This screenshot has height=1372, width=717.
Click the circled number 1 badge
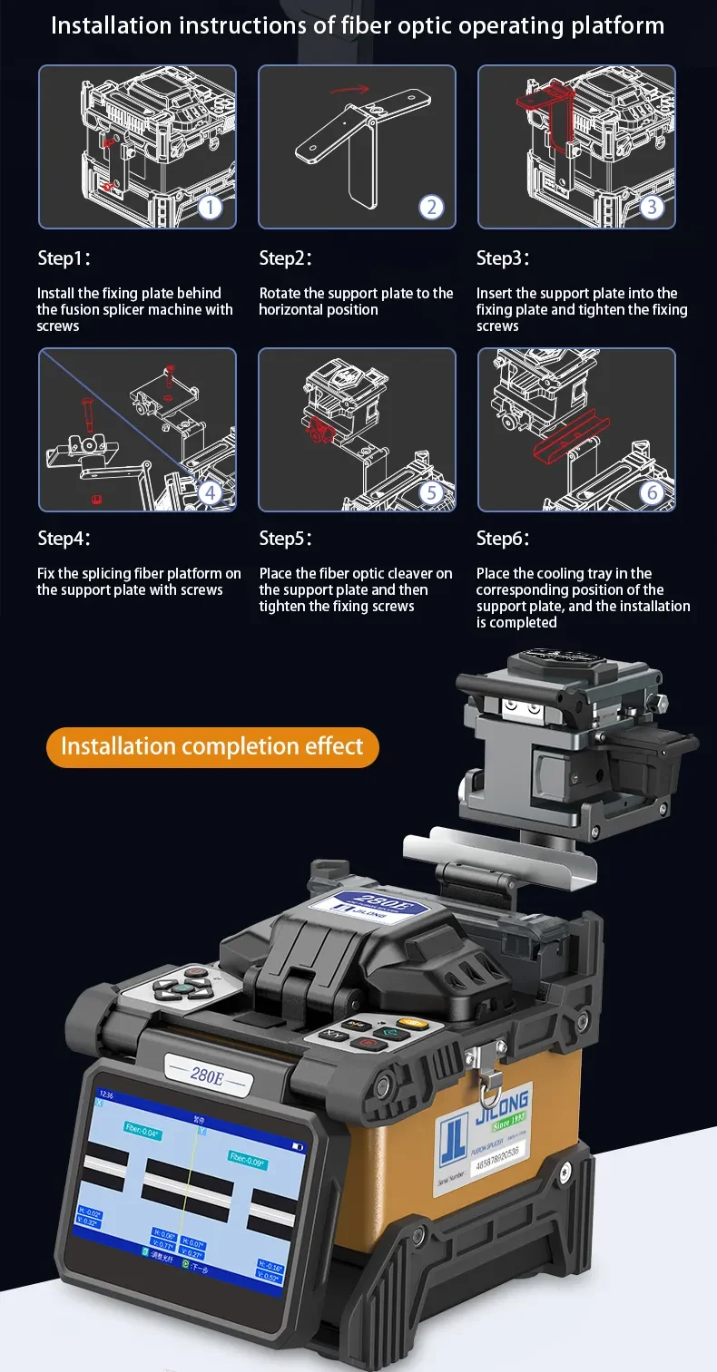[x=210, y=208]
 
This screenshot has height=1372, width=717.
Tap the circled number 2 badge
[x=431, y=208]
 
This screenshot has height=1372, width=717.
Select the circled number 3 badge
[x=652, y=208]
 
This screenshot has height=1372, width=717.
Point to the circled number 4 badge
[x=210, y=492]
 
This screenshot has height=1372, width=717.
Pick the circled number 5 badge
[x=431, y=492]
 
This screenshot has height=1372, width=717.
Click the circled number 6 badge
[x=652, y=492]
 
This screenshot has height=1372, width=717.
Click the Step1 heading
[x=64, y=258]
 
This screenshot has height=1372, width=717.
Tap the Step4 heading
[x=64, y=539]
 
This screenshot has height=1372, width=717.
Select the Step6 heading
[x=503, y=539]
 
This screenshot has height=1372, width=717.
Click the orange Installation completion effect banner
[x=212, y=747]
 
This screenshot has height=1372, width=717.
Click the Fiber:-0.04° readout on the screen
[x=142, y=1134]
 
